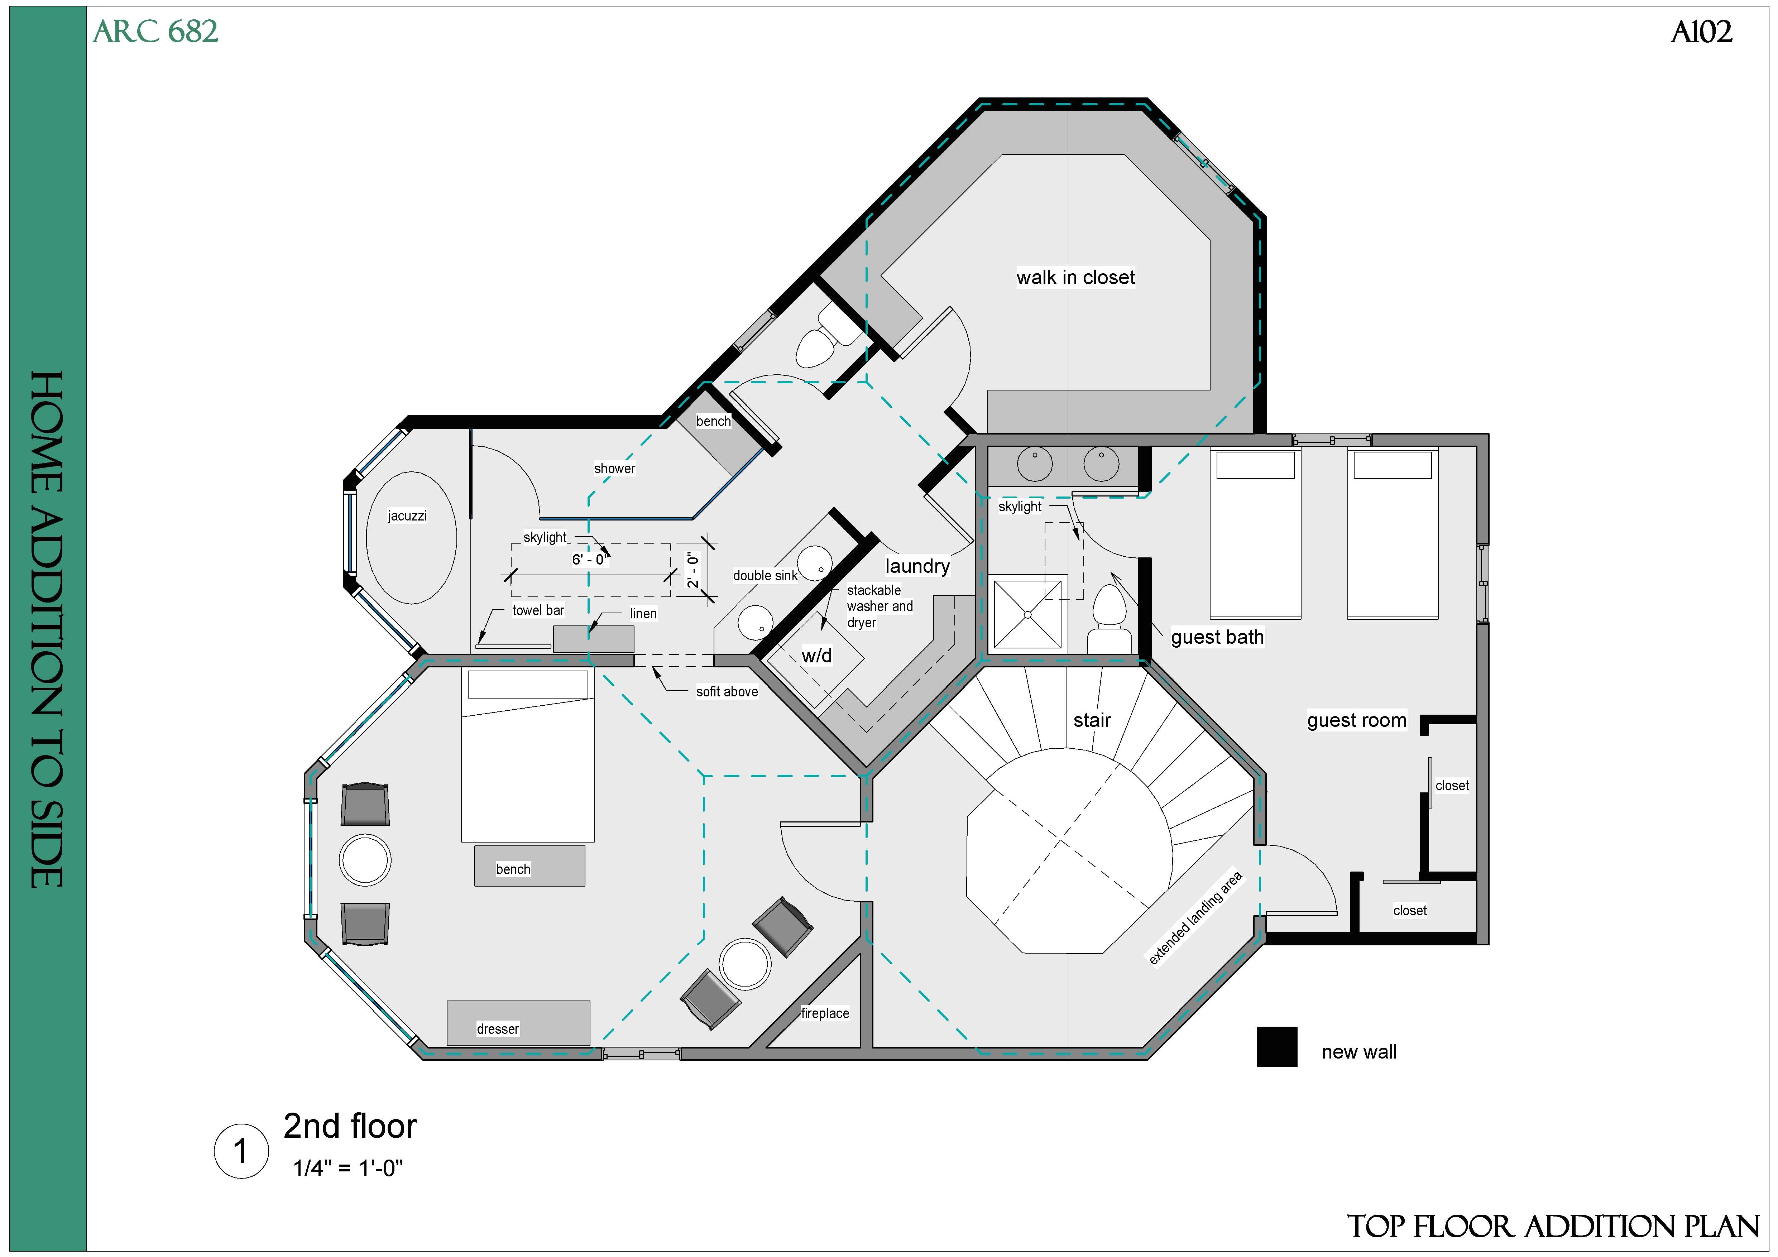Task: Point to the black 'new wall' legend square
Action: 1276,1047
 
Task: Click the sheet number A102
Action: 1701,32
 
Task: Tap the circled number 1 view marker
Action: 241,1151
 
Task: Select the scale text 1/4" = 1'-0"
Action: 348,1168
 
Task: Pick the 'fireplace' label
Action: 825,1013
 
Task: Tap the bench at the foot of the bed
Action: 529,866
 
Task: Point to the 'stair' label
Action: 1092,720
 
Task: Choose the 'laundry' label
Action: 917,566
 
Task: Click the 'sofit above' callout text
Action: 727,692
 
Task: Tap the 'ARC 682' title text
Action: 155,32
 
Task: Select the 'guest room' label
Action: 1356,720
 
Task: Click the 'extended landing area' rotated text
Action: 1195,918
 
